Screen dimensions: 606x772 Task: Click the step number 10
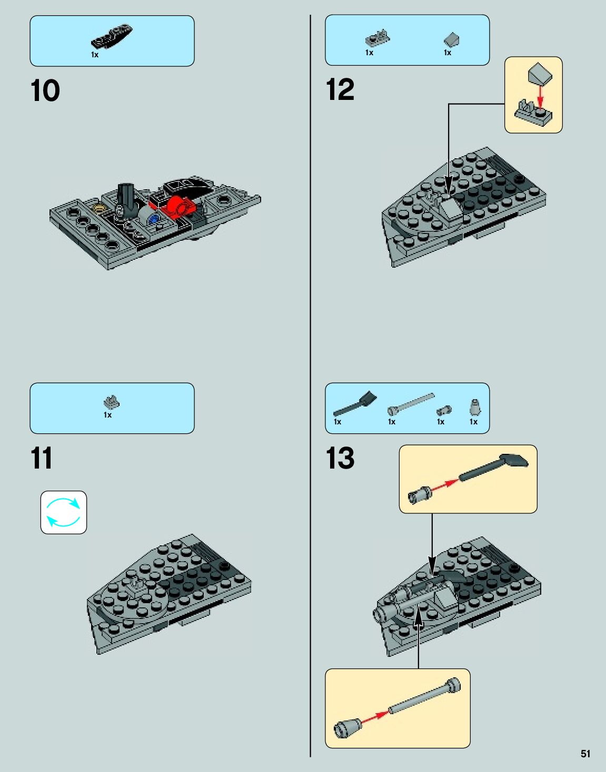point(45,91)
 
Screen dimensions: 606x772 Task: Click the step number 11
point(42,458)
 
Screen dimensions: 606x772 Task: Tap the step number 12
point(340,89)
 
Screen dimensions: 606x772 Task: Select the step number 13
point(340,458)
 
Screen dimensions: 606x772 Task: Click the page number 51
point(585,754)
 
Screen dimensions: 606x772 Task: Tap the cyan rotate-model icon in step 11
point(64,512)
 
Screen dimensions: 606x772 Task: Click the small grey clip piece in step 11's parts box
point(112,402)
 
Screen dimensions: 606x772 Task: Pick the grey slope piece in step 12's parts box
point(452,40)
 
